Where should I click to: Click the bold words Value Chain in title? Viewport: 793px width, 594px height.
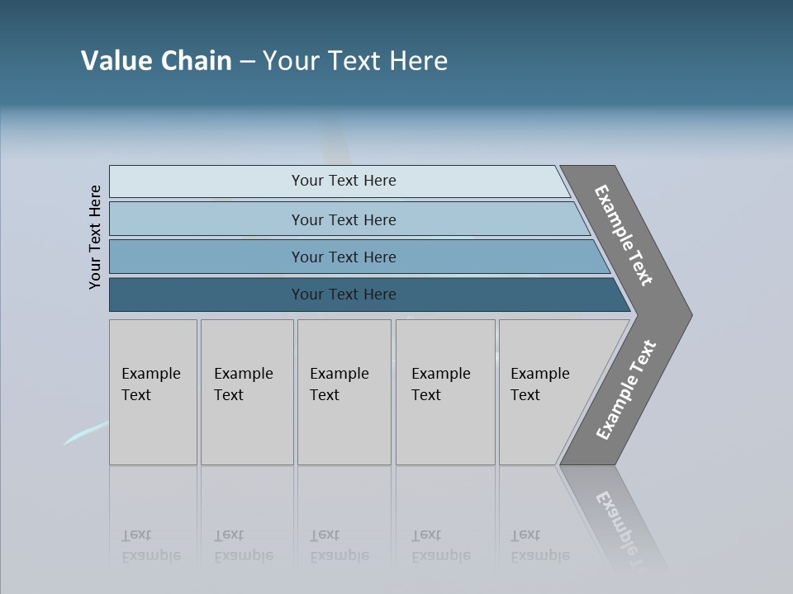coord(156,61)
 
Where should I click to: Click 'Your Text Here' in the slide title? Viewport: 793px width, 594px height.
coord(355,61)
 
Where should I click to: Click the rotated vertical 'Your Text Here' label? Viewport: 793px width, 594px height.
coord(95,237)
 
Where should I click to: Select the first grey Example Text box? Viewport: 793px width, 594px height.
coord(153,392)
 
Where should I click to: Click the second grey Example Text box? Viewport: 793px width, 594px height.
coord(246,392)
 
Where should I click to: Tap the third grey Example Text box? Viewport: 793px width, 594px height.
coord(344,392)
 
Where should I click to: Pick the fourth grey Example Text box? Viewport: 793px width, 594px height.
coord(445,392)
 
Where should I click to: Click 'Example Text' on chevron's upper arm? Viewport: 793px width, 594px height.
coord(624,235)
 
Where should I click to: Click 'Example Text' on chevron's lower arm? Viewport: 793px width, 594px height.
coord(626,390)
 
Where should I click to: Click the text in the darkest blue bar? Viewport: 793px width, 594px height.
coord(344,295)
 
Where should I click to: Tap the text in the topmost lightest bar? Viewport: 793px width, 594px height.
coord(344,181)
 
